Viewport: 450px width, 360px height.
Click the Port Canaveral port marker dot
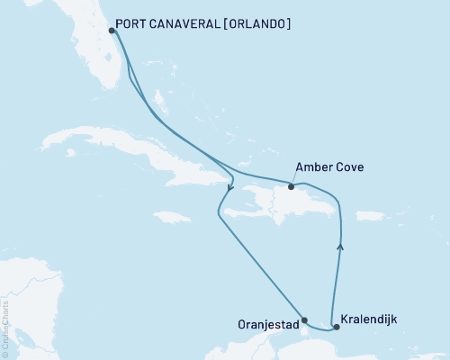click(x=110, y=30)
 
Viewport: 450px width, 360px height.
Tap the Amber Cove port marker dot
click(x=291, y=186)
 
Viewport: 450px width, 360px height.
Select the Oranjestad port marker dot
click(x=304, y=319)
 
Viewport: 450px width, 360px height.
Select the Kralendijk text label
click(x=371, y=319)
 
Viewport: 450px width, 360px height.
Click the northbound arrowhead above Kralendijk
click(x=340, y=243)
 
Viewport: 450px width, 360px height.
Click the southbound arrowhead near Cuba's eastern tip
click(x=230, y=188)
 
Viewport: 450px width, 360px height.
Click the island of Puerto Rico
click(x=372, y=215)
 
